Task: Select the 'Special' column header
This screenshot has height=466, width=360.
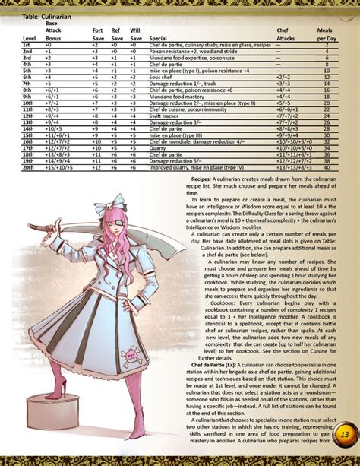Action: coord(158,36)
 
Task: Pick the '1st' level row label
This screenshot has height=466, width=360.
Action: coord(27,45)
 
